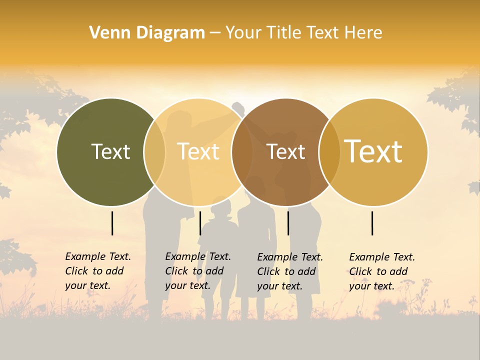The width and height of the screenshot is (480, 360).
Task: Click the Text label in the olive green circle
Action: pos(110,151)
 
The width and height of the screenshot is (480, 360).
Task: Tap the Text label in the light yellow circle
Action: pos(198,151)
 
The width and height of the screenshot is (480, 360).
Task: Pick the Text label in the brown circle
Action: pos(285,152)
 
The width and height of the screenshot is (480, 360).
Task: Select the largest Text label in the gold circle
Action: pos(373,151)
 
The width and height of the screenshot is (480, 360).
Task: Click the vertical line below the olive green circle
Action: pos(112,223)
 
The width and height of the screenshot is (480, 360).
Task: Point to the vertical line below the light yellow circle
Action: pos(200,223)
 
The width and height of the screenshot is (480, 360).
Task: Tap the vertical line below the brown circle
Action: pos(288,223)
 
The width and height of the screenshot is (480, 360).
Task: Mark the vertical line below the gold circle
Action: pos(372,223)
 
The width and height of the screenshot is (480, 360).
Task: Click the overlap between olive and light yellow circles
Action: pos(154,152)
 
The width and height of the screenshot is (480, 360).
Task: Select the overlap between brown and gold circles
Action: pos(329,152)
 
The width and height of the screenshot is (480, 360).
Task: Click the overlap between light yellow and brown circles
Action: pos(242,152)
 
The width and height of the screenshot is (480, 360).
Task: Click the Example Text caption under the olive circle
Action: pos(98,271)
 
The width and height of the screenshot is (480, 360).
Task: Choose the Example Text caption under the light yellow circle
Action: pos(198,271)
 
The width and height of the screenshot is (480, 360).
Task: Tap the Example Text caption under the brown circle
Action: pos(290,271)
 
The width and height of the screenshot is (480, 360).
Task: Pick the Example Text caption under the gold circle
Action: pos(382,271)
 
